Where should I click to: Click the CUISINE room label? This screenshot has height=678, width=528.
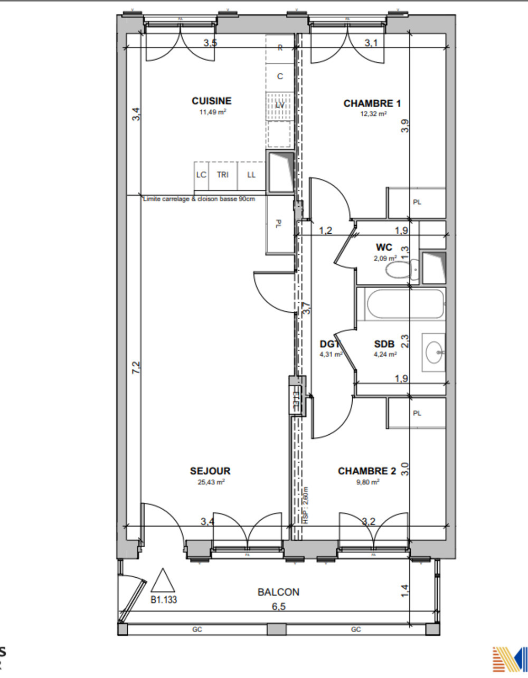211,101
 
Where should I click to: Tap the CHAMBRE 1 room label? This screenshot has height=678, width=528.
372,103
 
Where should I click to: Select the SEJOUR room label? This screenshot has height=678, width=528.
210,471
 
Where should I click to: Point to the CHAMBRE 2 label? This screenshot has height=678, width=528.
366,471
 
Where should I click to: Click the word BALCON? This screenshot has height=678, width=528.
278,592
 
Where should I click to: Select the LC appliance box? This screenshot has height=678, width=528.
201,175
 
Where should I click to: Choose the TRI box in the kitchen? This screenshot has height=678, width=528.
223,175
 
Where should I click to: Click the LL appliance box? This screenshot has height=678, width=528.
251,175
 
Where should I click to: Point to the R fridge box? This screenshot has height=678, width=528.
280,47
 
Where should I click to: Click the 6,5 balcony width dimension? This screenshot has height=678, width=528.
278,607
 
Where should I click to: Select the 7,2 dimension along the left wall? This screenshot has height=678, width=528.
136,368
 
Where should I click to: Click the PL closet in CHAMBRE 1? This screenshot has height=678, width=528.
417,203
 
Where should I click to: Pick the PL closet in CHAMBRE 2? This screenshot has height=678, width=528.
417,413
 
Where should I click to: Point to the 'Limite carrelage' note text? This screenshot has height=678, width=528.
199,199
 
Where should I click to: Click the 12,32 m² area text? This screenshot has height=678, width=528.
372,113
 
